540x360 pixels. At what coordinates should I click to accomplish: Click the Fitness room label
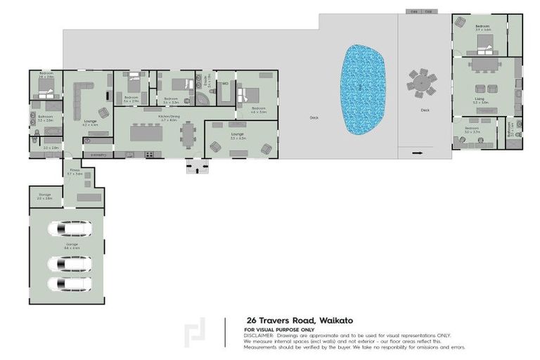[75, 171]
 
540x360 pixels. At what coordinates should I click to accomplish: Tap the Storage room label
[44, 197]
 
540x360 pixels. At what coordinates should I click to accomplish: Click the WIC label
[225, 84]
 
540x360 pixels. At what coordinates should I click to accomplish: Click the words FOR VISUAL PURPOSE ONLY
[280, 330]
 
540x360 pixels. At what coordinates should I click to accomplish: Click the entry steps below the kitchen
[198, 166]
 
